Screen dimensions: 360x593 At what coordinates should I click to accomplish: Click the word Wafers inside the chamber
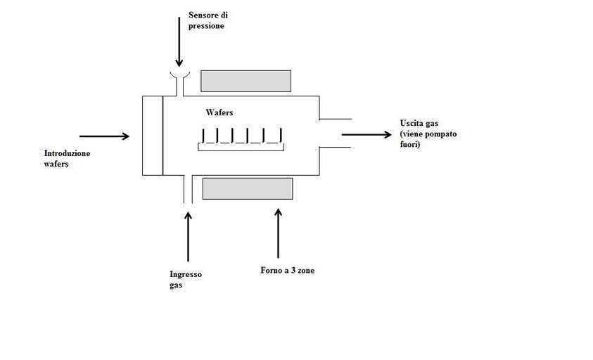(x=219, y=112)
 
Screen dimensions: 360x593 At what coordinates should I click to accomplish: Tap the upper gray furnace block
(x=246, y=81)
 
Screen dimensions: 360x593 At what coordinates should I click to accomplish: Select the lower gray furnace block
(x=248, y=188)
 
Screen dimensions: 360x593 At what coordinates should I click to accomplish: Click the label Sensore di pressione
(x=208, y=20)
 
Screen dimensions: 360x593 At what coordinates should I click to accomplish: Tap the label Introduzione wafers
(x=67, y=158)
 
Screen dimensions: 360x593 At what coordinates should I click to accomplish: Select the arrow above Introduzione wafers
(x=105, y=136)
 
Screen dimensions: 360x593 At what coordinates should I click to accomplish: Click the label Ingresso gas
(x=185, y=280)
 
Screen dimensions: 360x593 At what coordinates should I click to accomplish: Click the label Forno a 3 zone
(x=287, y=270)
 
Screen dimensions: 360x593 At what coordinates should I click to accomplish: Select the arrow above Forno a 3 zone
(x=278, y=232)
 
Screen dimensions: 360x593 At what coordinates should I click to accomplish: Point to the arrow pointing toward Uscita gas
(x=366, y=134)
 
